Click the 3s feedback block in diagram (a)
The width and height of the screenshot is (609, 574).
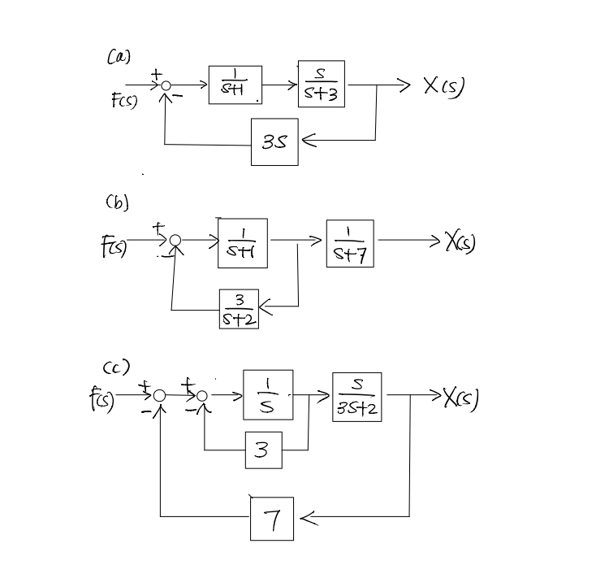click(x=274, y=142)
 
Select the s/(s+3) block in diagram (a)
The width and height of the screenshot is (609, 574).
click(x=321, y=84)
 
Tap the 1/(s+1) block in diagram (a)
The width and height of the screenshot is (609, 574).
click(x=235, y=85)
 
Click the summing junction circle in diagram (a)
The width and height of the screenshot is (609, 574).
click(x=166, y=85)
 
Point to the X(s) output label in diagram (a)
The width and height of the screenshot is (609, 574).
click(x=446, y=85)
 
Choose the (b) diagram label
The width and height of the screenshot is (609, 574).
click(x=117, y=201)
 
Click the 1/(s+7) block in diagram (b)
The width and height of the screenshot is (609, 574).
click(x=350, y=242)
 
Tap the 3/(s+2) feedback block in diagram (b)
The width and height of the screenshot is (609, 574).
click(x=239, y=310)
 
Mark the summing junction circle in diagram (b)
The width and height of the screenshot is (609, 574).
click(x=176, y=241)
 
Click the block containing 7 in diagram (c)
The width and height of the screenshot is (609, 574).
click(x=272, y=517)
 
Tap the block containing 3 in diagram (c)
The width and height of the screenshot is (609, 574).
click(x=263, y=450)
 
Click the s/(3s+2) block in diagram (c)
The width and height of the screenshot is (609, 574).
click(x=356, y=398)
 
